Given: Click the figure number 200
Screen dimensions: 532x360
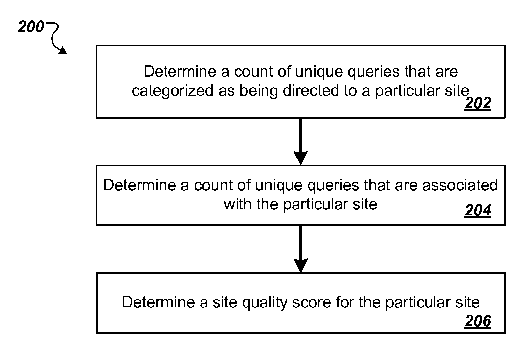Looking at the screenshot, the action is pos(31,26).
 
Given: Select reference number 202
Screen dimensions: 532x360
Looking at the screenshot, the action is pos(478,103).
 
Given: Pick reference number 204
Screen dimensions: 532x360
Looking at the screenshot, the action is pos(478,210).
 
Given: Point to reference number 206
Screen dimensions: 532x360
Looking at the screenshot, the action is pos(478,321).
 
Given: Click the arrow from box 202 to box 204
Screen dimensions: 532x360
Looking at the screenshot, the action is pos(301,142).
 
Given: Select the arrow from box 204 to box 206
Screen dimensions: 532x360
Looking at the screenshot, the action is pos(301,249).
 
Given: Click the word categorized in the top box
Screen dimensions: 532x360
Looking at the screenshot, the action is pos(173,91).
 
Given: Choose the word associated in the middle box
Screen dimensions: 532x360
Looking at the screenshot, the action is pos(460,185).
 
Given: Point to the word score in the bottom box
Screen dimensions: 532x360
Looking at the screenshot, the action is pos(312,302).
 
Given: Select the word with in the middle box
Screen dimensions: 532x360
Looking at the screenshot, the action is pos(238,204).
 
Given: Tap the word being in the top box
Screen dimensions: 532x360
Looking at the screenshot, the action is pos(259,91).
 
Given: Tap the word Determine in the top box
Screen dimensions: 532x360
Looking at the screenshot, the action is pos(180,71).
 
